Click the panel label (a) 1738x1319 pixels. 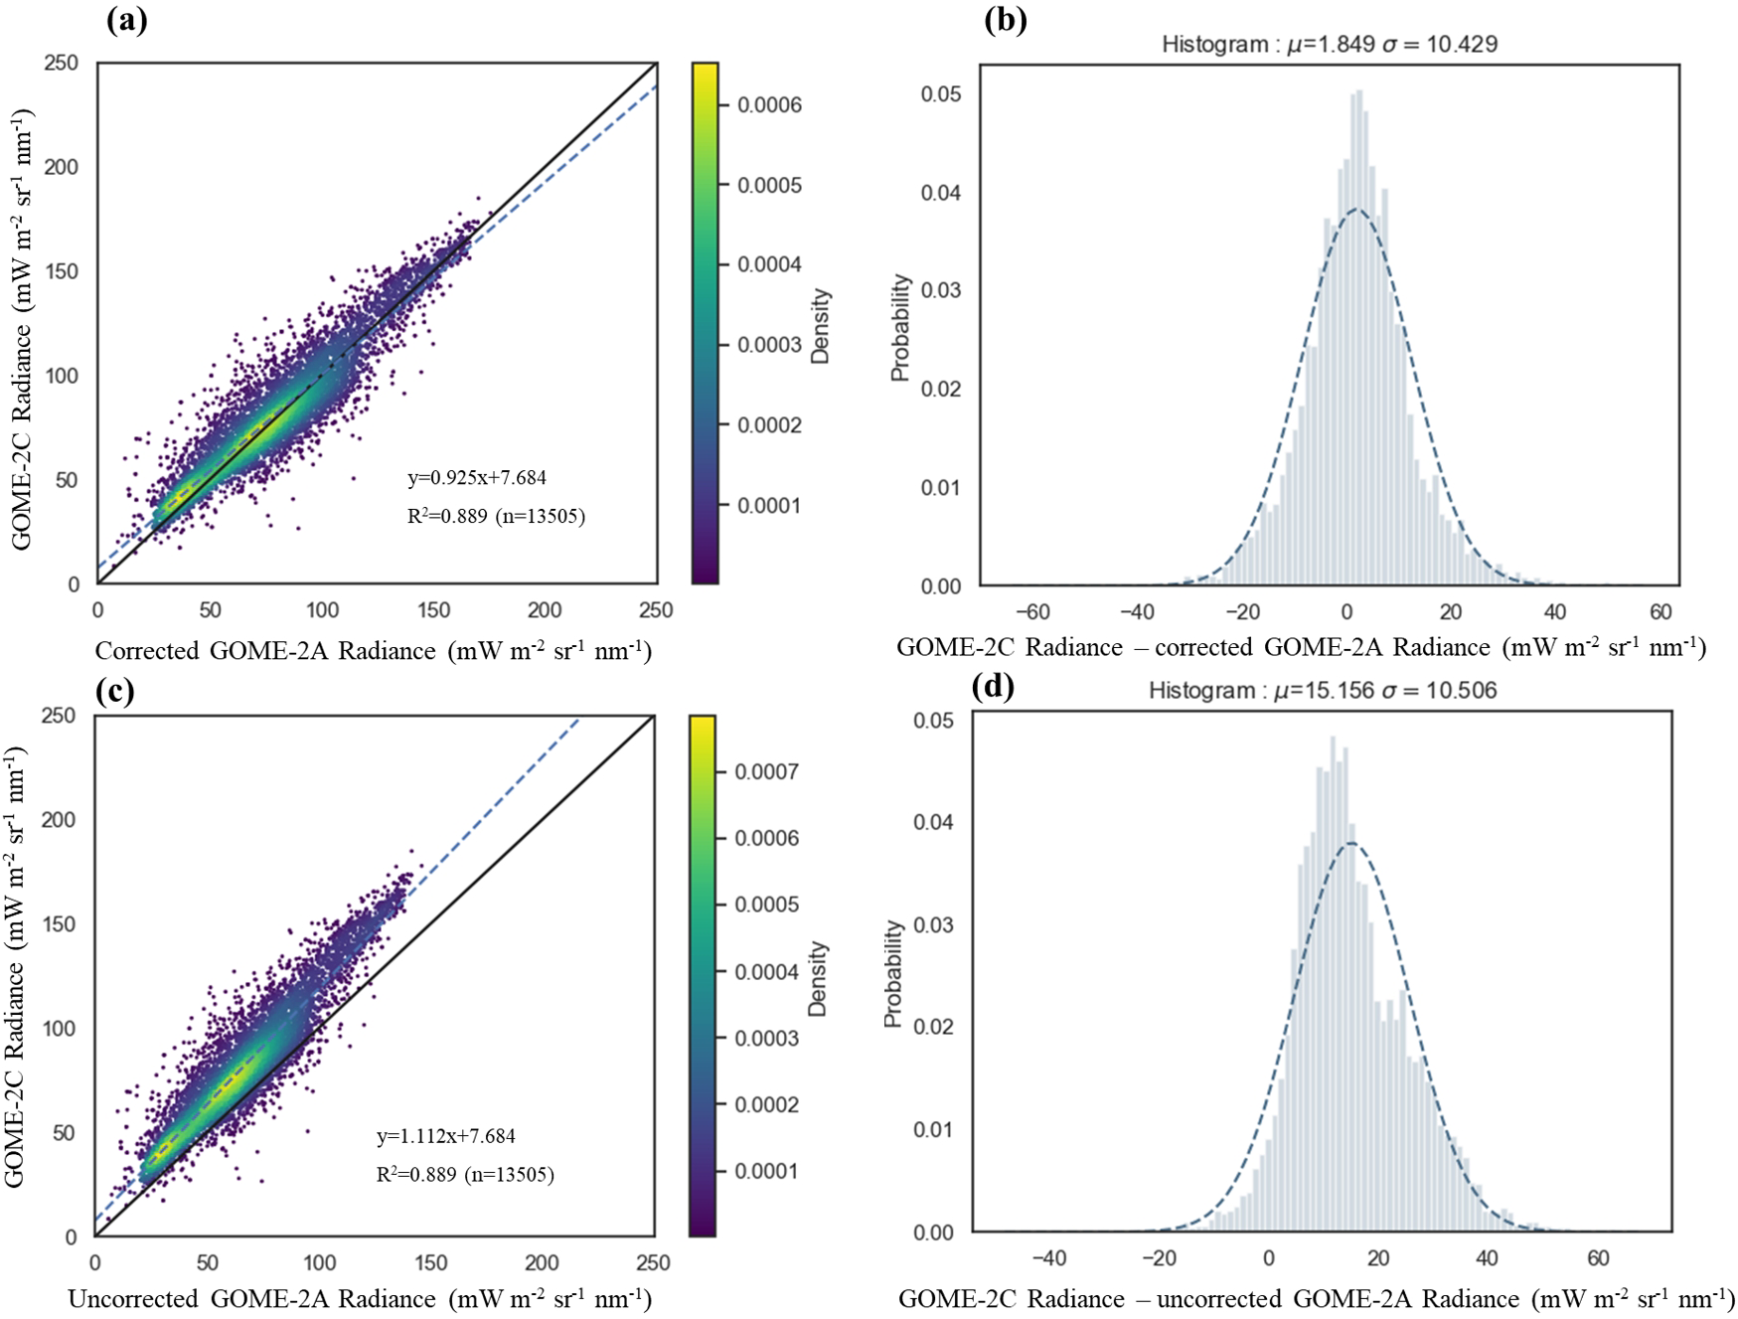point(126,21)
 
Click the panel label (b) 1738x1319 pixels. point(1005,21)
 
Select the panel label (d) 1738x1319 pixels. point(992,687)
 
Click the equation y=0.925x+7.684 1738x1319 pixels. point(477,478)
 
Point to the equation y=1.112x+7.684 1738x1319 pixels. point(446,1136)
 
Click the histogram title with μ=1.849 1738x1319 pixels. point(1330,44)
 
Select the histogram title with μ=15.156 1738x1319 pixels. point(1323,690)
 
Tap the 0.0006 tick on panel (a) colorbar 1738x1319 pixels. point(768,105)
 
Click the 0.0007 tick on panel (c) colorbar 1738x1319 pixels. point(766,772)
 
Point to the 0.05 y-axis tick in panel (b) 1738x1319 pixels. point(940,94)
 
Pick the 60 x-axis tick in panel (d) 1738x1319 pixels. point(1598,1257)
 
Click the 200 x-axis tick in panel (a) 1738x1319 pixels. point(545,610)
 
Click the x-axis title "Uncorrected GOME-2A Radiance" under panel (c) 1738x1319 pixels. point(360,1298)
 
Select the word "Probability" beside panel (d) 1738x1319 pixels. point(893,973)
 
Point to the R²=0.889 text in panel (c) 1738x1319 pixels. point(465,1175)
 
